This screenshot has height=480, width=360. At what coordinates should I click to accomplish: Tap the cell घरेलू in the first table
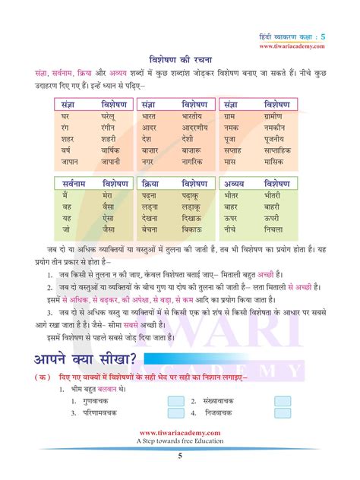(x=112, y=118)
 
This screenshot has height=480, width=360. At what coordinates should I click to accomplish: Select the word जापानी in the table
(x=112, y=161)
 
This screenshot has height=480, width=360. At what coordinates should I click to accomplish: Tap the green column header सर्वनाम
(x=73, y=184)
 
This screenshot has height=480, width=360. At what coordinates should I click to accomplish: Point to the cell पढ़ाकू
(x=193, y=197)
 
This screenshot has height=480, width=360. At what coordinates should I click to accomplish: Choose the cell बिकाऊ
(x=193, y=229)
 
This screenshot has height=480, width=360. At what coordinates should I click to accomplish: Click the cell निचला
(x=275, y=229)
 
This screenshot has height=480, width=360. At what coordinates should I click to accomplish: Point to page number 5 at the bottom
(x=180, y=456)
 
